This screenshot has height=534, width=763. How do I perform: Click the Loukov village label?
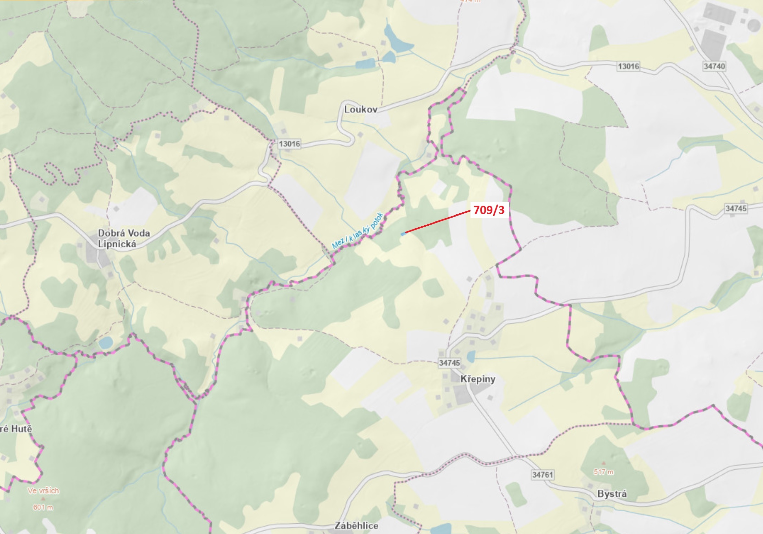361,109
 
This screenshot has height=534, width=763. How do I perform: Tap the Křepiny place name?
478,379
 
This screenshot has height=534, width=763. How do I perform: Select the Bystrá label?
612,494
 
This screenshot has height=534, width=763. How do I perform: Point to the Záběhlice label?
356,525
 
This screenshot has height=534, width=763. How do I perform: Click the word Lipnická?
117,244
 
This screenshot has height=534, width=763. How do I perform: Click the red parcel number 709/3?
489,210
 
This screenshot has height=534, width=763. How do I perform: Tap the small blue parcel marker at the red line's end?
403,234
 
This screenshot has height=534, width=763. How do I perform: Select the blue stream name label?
358,231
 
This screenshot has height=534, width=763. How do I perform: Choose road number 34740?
714,66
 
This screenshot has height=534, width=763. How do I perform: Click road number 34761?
542,475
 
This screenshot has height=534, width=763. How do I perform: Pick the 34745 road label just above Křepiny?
449,363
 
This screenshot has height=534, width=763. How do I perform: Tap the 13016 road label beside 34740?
628,66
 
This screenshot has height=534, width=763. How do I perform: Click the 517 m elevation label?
603,472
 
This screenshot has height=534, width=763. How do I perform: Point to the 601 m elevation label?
43,507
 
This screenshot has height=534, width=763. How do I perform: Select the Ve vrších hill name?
43,491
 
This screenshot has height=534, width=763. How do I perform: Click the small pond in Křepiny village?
470,357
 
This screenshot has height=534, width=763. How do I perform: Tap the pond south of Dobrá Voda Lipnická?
106,343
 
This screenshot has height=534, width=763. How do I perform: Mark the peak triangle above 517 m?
603,463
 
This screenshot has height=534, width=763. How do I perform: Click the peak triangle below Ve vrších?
43,498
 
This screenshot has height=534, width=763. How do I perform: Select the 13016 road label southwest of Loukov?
289,144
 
